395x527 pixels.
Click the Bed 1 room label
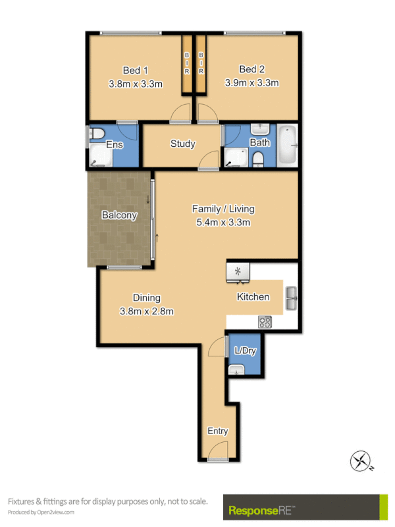136,70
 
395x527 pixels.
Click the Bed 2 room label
253,70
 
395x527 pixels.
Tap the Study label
182,144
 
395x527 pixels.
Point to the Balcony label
119,215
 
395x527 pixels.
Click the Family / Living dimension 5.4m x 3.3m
223,222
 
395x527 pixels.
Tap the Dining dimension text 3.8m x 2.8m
146,311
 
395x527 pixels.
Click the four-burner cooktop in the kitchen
265,322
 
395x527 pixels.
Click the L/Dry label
245,350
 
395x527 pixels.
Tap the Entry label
218,431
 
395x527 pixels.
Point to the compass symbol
361,460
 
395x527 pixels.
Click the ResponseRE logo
261,510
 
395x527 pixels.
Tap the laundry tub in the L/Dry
236,371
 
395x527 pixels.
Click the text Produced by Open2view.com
41,512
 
